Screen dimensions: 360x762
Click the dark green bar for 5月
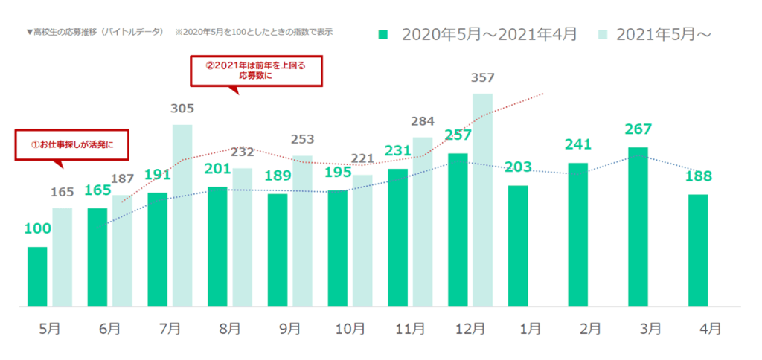click(37, 277)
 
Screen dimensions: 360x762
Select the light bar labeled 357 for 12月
click(482, 199)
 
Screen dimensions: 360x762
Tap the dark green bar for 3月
click(638, 227)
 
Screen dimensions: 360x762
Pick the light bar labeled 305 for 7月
click(182, 216)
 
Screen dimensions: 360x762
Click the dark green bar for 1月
click(518, 245)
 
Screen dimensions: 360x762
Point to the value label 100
click(37, 228)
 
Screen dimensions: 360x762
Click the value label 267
click(638, 129)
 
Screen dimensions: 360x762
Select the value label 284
click(423, 120)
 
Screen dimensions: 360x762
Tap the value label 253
click(302, 139)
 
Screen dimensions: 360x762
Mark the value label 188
click(698, 176)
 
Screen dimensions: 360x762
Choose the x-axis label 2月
click(578, 327)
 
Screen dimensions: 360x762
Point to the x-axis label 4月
click(711, 327)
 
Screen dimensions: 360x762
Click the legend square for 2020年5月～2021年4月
click(384, 34)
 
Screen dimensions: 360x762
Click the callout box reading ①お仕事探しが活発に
click(71, 144)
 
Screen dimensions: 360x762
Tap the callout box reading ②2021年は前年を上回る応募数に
click(257, 70)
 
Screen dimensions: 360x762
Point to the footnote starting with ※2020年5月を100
click(253, 33)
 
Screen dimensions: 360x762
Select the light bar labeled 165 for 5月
click(62, 257)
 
